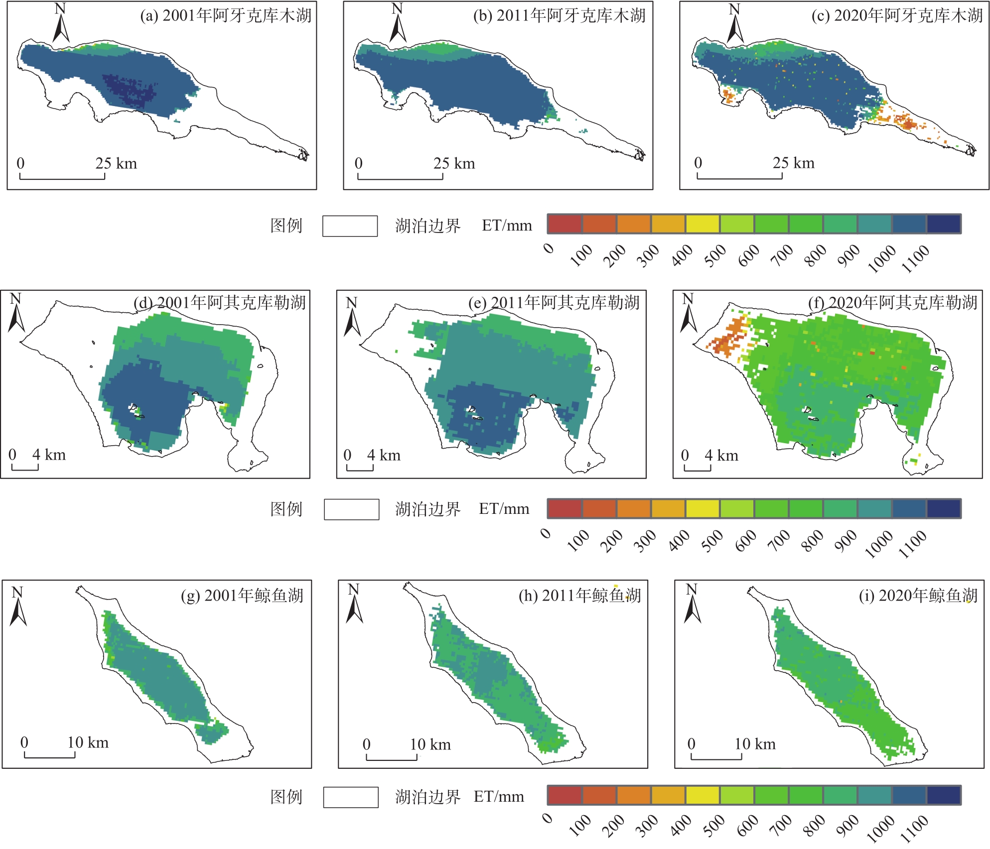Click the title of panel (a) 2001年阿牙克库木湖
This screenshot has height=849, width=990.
[226, 15]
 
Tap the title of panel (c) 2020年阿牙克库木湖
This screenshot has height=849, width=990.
[897, 15]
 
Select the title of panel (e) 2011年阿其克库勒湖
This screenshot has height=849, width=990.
[554, 302]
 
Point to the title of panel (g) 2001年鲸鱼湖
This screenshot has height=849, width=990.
[242, 595]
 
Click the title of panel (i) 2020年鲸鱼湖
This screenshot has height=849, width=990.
[918, 595]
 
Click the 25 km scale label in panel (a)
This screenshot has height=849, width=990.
[116, 163]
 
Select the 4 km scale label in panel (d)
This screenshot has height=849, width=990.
[49, 455]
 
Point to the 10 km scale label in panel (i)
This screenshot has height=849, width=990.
[755, 744]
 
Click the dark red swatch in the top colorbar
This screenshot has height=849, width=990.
[565, 224]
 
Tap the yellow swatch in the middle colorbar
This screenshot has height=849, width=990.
[703, 508]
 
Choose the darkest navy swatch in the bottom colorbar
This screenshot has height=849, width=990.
[944, 795]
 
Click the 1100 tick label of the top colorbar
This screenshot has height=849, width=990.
[915, 259]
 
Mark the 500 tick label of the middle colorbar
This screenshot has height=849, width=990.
[712, 541]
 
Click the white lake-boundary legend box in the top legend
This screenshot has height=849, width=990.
[350, 226]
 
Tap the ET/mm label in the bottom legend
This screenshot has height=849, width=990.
[499, 797]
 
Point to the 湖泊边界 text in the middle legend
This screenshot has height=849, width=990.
[428, 509]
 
